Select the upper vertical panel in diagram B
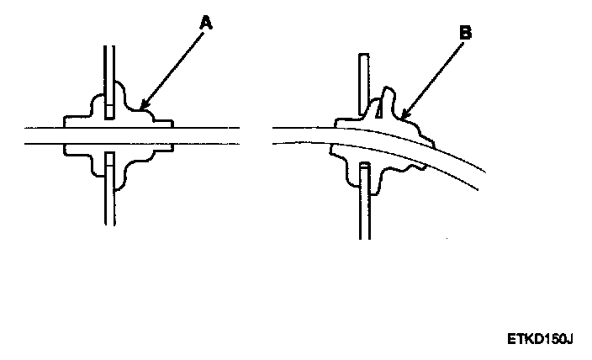pyautogui.click(x=362, y=80)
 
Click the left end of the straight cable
pyautogui.click(x=29, y=135)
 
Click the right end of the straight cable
pyautogui.click(x=235, y=135)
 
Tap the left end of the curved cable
pyautogui.click(x=277, y=135)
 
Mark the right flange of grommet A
pyautogui.click(x=165, y=123)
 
